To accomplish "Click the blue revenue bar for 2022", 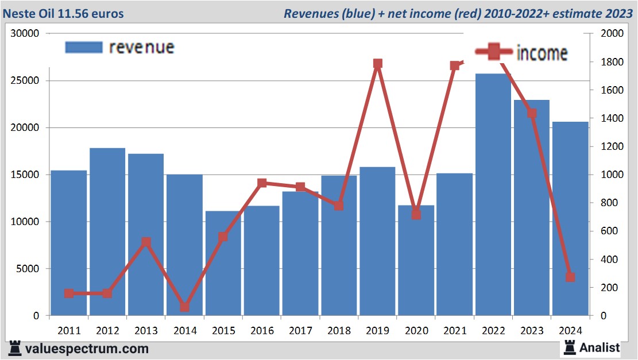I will click(493, 195).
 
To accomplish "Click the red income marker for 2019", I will click(377, 64).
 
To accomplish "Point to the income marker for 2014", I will click(184, 307).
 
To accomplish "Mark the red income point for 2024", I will click(570, 277).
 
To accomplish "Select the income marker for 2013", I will click(146, 242).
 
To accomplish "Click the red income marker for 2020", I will click(416, 215).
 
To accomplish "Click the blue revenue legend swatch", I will click(84, 47).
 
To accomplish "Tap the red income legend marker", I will click(493, 52).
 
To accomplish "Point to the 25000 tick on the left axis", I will click(26, 80).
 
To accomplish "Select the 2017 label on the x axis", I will click(300, 331).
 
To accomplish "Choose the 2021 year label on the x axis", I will click(454, 331).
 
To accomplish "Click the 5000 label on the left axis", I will click(28, 269).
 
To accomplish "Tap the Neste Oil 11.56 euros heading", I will click(63, 13).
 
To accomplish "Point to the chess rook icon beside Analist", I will click(570, 347).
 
